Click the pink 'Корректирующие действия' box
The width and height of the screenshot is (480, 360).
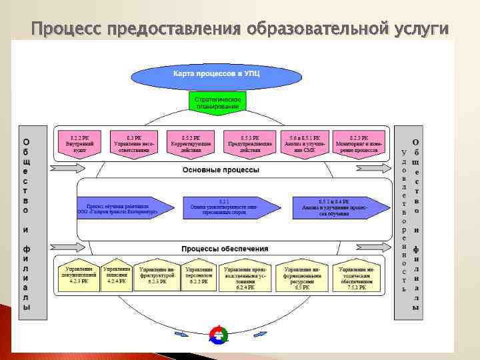point(191,143)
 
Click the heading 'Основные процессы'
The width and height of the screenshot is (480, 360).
point(221,170)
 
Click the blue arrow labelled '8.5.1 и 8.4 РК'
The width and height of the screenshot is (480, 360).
point(339,207)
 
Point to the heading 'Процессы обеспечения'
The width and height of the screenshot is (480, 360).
point(220,247)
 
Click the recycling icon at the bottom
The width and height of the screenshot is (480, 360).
point(219,335)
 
